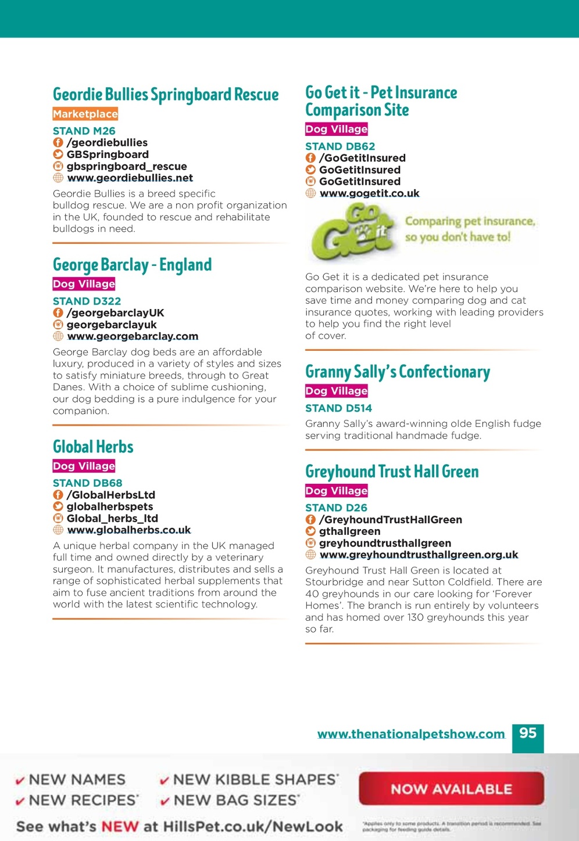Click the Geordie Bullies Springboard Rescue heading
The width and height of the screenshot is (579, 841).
[166, 95]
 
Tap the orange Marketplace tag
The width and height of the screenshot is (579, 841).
[85, 114]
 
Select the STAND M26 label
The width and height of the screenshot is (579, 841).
[84, 131]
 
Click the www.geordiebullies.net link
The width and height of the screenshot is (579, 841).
[130, 178]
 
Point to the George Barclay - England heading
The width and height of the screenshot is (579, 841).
[132, 265]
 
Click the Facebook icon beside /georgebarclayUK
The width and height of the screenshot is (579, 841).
[58, 313]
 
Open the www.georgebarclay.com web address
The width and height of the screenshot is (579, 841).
[133, 336]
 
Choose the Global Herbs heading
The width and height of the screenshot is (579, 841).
[93, 447]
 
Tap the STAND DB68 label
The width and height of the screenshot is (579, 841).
[88, 483]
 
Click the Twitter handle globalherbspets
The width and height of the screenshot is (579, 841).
[110, 506]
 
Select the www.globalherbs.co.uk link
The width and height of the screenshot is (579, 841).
[129, 530]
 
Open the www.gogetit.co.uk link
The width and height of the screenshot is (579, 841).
[369, 193]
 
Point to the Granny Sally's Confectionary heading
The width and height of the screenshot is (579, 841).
[398, 372]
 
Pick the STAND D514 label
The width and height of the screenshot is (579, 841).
[339, 408]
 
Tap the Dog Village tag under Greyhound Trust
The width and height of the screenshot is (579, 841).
[337, 491]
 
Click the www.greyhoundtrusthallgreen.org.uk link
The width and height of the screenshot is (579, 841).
[419, 555]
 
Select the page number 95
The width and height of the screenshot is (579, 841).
[528, 734]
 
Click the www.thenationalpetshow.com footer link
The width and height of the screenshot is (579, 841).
[411, 734]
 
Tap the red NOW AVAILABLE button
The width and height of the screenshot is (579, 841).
[451, 789]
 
